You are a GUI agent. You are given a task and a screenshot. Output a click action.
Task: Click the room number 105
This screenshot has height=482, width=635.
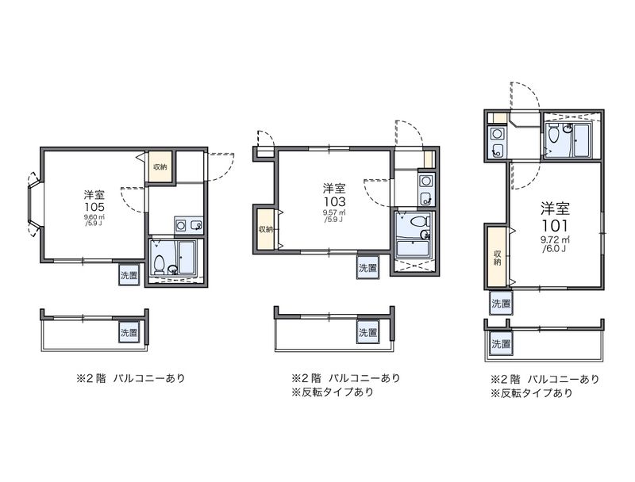(94, 206)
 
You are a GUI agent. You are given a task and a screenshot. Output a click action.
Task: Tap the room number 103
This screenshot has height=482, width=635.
(333, 201)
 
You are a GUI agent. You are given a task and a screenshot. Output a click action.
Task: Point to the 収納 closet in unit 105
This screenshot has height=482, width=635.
(160, 166)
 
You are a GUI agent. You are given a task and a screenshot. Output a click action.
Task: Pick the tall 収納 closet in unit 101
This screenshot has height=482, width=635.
(497, 257)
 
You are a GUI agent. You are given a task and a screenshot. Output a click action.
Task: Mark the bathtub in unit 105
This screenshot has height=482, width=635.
(189, 259)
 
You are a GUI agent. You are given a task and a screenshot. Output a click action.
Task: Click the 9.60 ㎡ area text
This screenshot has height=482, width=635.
(94, 217)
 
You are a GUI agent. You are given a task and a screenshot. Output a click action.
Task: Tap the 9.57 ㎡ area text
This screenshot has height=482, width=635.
(333, 212)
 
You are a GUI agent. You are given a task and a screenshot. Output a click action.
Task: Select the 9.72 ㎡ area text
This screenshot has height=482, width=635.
(554, 239)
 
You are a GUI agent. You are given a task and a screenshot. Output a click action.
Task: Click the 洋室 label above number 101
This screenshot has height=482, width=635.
(556, 208)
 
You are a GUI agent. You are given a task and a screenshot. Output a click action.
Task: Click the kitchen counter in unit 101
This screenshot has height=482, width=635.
(498, 142)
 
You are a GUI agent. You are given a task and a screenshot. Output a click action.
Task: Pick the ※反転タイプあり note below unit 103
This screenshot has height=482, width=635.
(333, 392)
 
